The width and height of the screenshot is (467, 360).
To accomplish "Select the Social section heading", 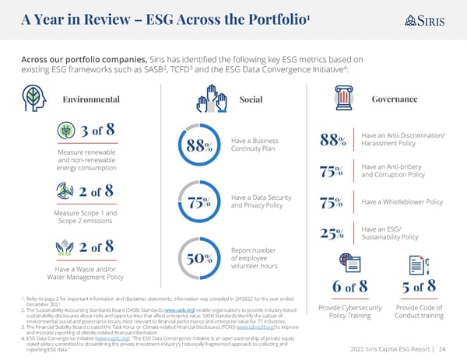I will (251, 100).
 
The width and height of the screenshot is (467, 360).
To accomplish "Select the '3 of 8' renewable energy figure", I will (93, 130).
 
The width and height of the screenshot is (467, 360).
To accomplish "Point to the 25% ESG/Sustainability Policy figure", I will (333, 232).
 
